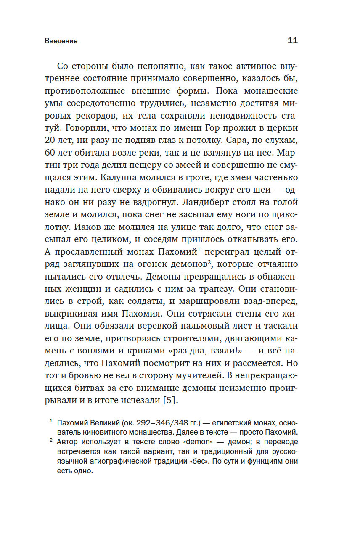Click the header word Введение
pyautogui.click(x=61, y=41)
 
